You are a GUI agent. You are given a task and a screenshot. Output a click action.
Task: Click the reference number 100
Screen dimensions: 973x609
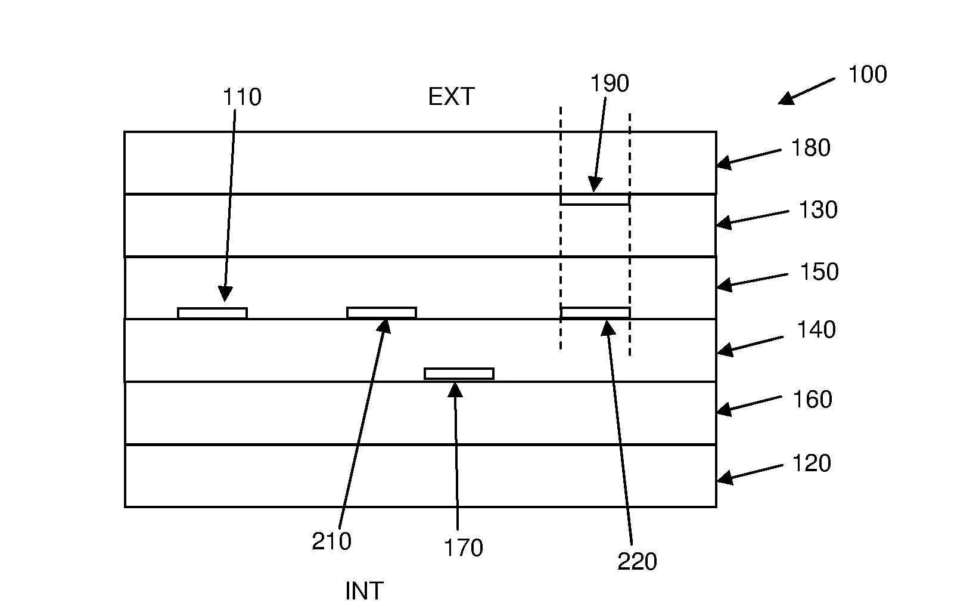pos(867,75)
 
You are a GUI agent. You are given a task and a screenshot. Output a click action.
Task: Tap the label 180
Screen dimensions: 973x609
pos(810,148)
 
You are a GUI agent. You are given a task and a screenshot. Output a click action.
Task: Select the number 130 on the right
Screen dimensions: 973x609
pos(818,210)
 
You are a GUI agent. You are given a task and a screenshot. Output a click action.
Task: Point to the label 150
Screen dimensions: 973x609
pos(819,272)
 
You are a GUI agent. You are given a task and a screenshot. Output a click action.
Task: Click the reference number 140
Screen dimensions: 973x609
pos(816,330)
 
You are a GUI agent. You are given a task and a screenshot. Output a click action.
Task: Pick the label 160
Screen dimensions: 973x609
pos(812,400)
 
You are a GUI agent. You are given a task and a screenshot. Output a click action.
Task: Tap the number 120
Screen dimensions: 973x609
pos(812,463)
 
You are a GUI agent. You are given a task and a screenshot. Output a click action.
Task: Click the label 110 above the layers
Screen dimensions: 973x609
pos(242,97)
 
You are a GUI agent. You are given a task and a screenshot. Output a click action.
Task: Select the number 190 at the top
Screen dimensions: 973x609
pos(610,84)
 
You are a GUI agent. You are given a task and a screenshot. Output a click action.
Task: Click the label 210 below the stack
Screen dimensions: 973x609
pos(331,542)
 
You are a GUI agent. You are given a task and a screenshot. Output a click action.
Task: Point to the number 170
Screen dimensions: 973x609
pos(463,548)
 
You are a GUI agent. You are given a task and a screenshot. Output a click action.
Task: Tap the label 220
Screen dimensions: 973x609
pos(637,562)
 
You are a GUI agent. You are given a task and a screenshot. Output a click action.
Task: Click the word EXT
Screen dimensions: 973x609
pos(451,97)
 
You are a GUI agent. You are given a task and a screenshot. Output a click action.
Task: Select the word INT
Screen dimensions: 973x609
pos(364,591)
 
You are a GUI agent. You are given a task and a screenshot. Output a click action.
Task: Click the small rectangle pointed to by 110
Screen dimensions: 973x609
pos(212,313)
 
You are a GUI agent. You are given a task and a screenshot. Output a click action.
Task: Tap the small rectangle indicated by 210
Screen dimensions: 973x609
pos(381,313)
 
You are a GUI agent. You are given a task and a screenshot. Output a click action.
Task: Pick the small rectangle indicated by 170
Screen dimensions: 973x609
pos(459,374)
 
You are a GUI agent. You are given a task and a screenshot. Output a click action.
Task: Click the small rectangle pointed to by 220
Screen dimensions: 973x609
pos(595,313)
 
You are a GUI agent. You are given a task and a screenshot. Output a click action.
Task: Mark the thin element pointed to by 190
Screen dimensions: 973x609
pos(595,200)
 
